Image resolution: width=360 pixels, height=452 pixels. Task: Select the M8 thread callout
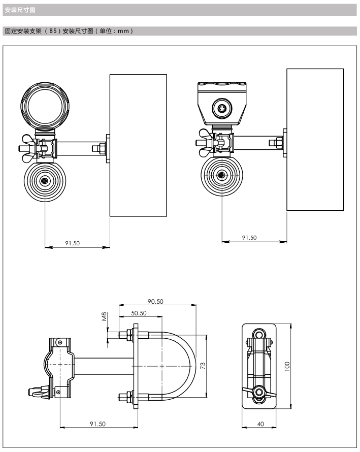click(104, 317)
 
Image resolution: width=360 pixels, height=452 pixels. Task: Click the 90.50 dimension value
click(155, 301)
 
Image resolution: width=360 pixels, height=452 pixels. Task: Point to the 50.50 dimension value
click(139, 313)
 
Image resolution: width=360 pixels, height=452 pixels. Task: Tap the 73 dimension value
click(202, 365)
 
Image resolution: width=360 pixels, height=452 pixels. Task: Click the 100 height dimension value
click(286, 366)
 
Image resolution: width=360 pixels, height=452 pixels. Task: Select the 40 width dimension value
click(260, 424)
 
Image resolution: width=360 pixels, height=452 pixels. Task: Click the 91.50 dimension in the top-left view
click(72, 243)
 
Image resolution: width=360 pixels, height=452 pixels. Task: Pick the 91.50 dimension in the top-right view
click(249, 237)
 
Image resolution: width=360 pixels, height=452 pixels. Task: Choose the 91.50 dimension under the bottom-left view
click(97, 424)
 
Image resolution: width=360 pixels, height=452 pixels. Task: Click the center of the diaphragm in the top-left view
click(45, 180)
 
